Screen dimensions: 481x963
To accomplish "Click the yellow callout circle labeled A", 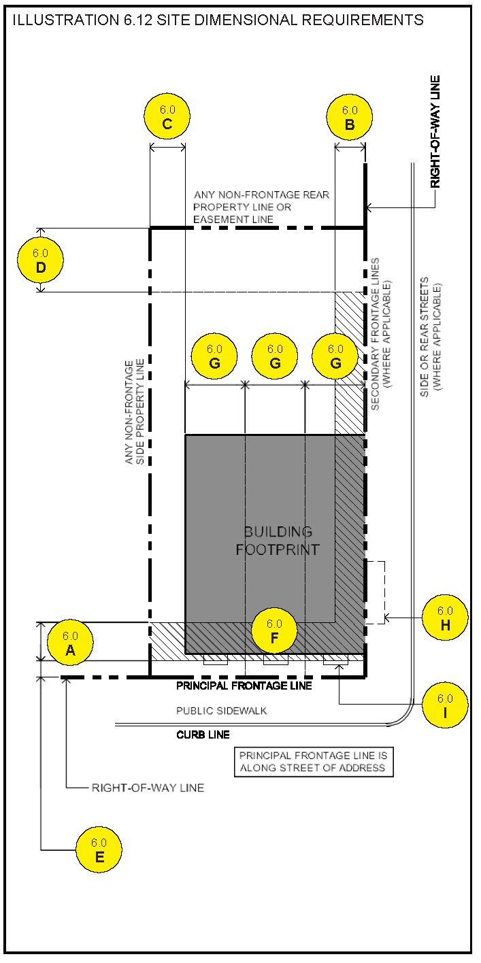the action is (x=70, y=642).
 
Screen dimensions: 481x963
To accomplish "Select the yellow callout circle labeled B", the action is (x=349, y=117).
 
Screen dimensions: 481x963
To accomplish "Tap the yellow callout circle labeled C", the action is (x=167, y=116).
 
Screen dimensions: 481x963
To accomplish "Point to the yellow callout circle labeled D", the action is (x=40, y=260).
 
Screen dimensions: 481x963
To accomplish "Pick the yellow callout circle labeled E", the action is (x=99, y=849).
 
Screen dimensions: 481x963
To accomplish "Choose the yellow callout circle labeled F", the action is (x=274, y=630).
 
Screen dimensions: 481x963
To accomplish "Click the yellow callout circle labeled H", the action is (x=445, y=618).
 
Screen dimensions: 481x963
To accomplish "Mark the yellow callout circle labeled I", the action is (x=445, y=705).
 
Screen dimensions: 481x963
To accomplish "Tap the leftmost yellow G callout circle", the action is (x=214, y=356).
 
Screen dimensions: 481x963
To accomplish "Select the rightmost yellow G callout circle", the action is (x=335, y=356).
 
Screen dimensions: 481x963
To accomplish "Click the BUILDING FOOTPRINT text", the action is (x=278, y=541).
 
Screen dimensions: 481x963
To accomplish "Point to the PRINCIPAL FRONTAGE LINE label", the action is (x=244, y=686).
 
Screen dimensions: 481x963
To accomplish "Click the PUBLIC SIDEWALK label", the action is (x=222, y=711).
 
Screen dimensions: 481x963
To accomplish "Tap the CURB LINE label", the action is (x=203, y=734).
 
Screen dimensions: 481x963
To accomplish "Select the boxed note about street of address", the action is (x=314, y=762).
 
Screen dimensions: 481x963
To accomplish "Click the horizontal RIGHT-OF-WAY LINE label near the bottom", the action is (x=148, y=788).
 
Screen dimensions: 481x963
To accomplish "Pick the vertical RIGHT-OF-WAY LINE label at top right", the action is (x=435, y=131).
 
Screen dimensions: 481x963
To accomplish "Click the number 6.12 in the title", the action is (x=138, y=20).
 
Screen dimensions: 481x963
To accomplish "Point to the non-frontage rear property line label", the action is (x=261, y=207).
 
